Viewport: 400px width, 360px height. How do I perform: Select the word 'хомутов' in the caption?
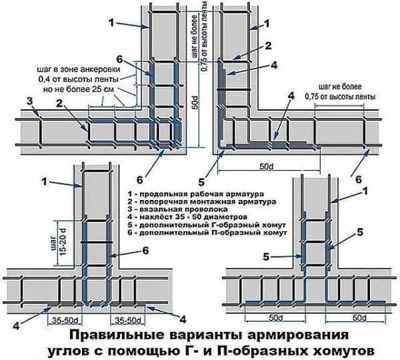click(342, 349)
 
